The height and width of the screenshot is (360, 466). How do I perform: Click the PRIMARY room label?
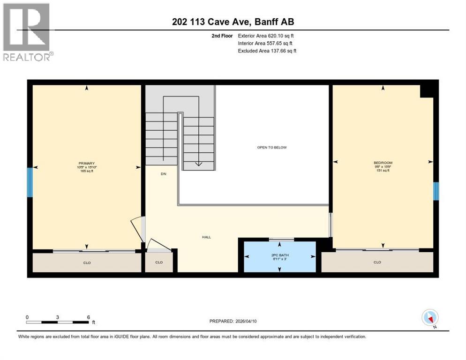(x=87, y=163)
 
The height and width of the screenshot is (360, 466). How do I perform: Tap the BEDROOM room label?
(x=383, y=163)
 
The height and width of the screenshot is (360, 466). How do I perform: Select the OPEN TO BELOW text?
(x=272, y=148)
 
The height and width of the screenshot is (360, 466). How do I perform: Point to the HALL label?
(x=206, y=237)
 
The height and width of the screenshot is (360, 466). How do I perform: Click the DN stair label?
(x=164, y=174)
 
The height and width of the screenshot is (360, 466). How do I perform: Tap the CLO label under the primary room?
(x=87, y=263)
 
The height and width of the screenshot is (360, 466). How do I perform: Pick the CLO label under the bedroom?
(x=377, y=262)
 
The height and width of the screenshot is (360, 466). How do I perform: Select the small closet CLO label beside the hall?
(x=159, y=262)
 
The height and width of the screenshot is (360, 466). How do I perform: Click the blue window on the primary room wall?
(x=30, y=182)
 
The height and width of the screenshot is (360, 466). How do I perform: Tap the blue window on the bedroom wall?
(x=436, y=191)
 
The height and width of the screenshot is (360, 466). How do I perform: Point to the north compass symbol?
(x=430, y=317)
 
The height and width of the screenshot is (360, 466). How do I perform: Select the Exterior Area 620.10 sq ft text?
(x=267, y=36)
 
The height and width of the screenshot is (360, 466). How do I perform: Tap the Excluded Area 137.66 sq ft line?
(x=267, y=51)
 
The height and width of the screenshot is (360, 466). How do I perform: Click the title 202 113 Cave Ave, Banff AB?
(x=233, y=22)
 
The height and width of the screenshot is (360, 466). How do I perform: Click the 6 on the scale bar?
(x=89, y=317)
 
